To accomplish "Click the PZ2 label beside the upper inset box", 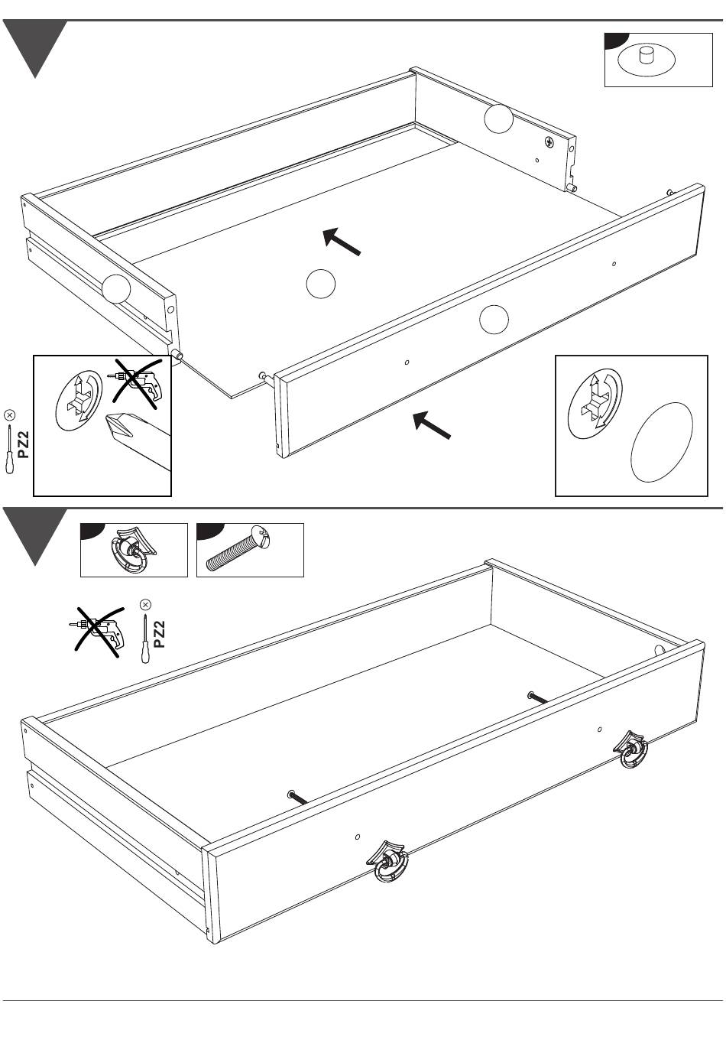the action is coord(23,444).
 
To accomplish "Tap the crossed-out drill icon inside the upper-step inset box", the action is coord(135,382).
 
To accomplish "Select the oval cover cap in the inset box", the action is coord(662,442).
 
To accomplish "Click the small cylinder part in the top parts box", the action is coord(646,55).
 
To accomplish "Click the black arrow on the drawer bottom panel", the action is coord(342,242).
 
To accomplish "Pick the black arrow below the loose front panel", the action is coord(432,425).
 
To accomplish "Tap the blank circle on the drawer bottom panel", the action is coord(320,284).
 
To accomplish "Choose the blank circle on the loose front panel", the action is coord(494,320).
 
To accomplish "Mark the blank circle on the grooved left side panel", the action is coord(116,289).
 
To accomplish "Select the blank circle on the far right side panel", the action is coord(499,119).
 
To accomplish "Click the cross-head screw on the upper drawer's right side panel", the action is coord(549,141).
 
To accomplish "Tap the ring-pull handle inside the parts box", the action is coord(133,549).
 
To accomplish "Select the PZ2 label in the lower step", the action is coord(159,634).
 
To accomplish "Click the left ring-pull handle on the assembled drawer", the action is coord(387,861).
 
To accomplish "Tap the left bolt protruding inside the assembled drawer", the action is coord(297,797).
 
